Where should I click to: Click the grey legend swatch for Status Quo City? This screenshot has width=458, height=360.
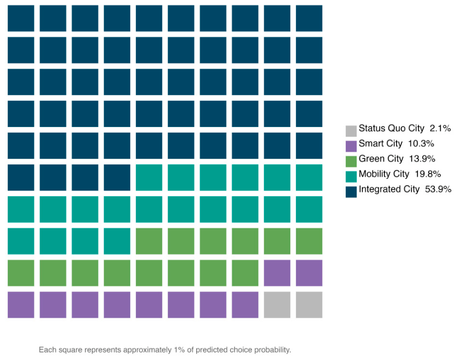(x=351, y=131)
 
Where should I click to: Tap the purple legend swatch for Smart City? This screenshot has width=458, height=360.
(x=351, y=146)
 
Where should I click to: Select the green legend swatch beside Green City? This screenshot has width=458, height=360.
(x=351, y=161)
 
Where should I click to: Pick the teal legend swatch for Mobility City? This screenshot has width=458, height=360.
(x=351, y=176)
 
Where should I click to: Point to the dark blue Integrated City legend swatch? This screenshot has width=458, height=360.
(x=351, y=192)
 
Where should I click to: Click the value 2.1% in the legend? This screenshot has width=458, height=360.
(x=440, y=128)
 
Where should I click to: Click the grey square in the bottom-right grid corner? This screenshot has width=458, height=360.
(x=309, y=305)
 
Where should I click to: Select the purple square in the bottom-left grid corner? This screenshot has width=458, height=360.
(x=21, y=305)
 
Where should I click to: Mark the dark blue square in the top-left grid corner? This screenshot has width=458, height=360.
(x=21, y=18)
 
